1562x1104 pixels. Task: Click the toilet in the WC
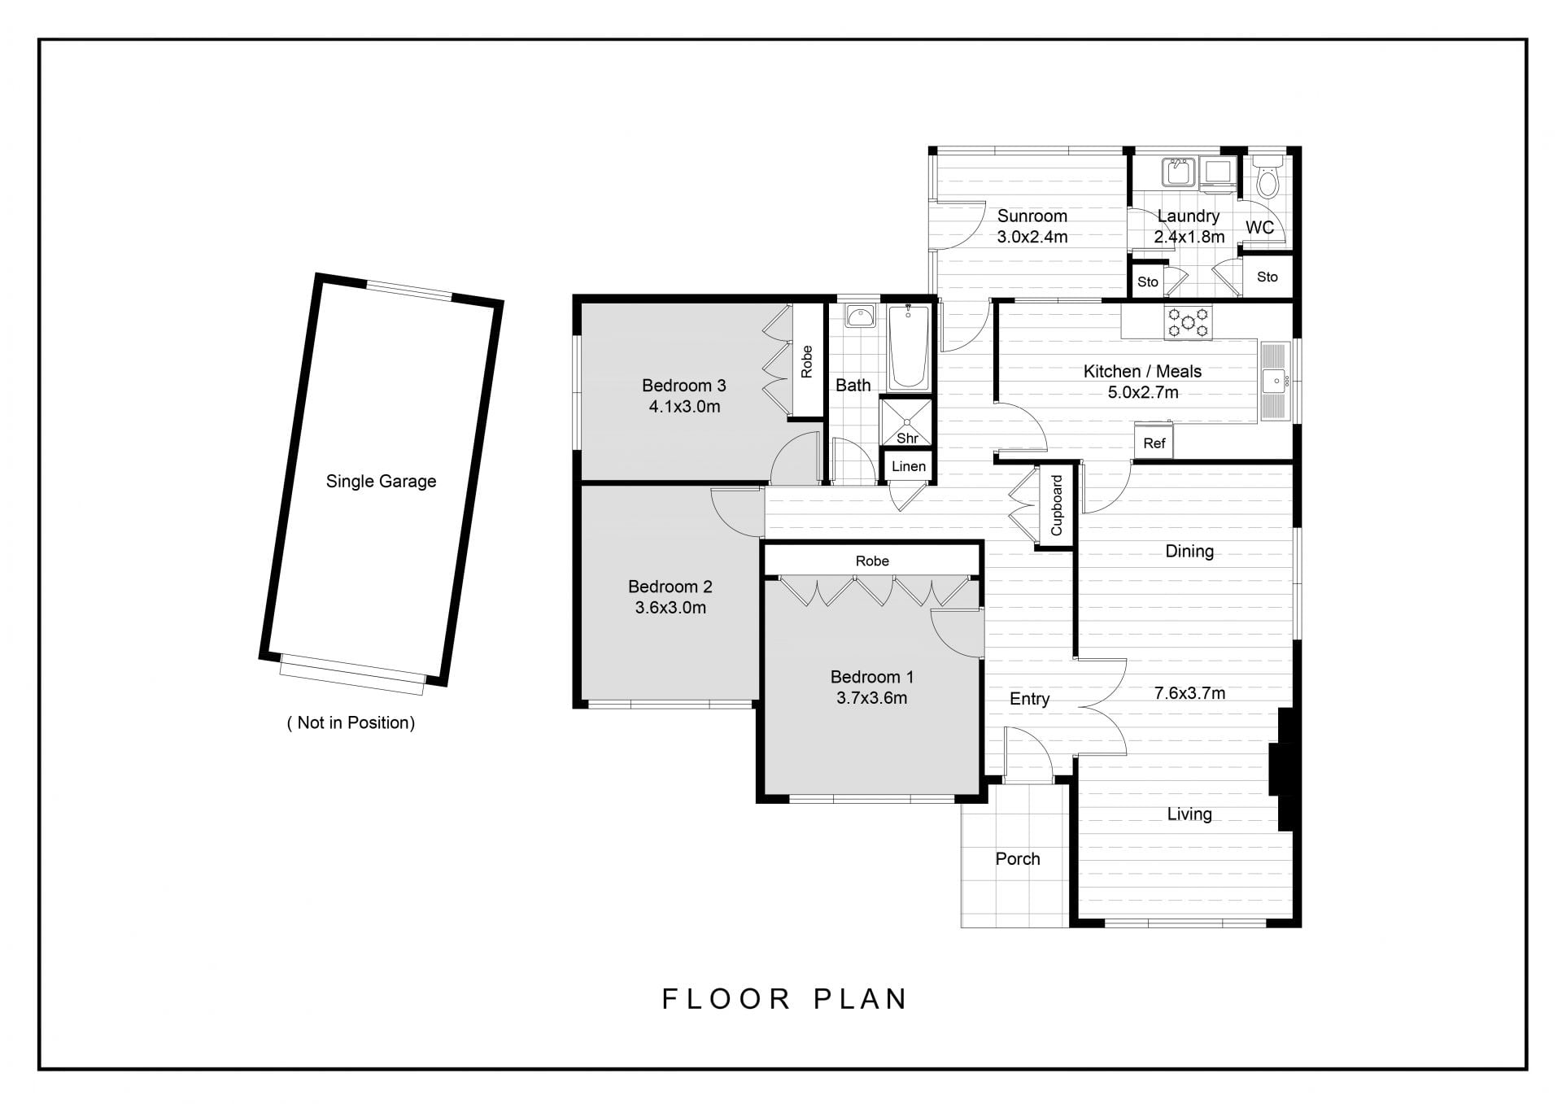coord(1267,177)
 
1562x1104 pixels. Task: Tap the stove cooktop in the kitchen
coord(1189,322)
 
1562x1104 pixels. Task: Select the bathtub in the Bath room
coord(908,348)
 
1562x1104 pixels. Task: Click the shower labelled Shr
coord(906,421)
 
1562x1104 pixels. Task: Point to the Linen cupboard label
coord(908,466)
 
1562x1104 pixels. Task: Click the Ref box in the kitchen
coord(1154,443)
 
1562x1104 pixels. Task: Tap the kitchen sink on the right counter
coord(1275,380)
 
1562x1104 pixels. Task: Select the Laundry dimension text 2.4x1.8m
coord(1189,238)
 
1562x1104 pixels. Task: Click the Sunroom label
coord(1032,216)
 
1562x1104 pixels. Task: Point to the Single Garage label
coord(381,481)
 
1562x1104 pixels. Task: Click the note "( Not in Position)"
coord(351,722)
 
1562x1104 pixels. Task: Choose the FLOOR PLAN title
coord(784,998)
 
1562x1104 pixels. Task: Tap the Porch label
coord(1018,858)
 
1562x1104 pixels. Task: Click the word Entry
coord(1029,699)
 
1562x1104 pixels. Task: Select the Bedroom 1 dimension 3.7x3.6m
coord(871,698)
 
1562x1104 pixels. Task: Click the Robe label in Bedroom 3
coord(806,361)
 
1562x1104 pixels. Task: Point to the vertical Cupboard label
coord(1057,505)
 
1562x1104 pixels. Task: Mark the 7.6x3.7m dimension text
coord(1189,693)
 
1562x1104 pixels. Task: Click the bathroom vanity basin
coord(859,315)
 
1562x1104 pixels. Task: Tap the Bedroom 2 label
coord(670,587)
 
